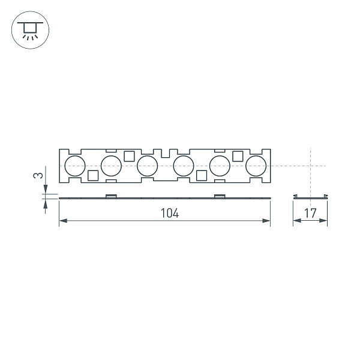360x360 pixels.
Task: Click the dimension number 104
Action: click(x=170, y=213)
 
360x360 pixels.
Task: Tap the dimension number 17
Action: click(x=310, y=213)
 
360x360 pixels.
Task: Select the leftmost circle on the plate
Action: click(x=75, y=165)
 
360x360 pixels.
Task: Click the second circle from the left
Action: click(x=111, y=165)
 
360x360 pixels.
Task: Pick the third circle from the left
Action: click(x=147, y=165)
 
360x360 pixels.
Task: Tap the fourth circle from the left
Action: click(x=183, y=165)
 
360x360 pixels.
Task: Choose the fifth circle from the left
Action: click(x=220, y=165)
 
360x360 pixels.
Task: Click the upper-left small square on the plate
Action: click(x=129, y=156)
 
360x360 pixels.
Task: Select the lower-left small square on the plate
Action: click(x=93, y=175)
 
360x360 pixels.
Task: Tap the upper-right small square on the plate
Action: click(x=238, y=156)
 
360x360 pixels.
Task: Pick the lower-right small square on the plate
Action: click(x=202, y=175)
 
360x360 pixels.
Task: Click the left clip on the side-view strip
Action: click(x=111, y=196)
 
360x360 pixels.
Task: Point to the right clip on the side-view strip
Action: click(x=220, y=196)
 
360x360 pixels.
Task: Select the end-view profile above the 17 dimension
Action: click(x=310, y=196)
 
